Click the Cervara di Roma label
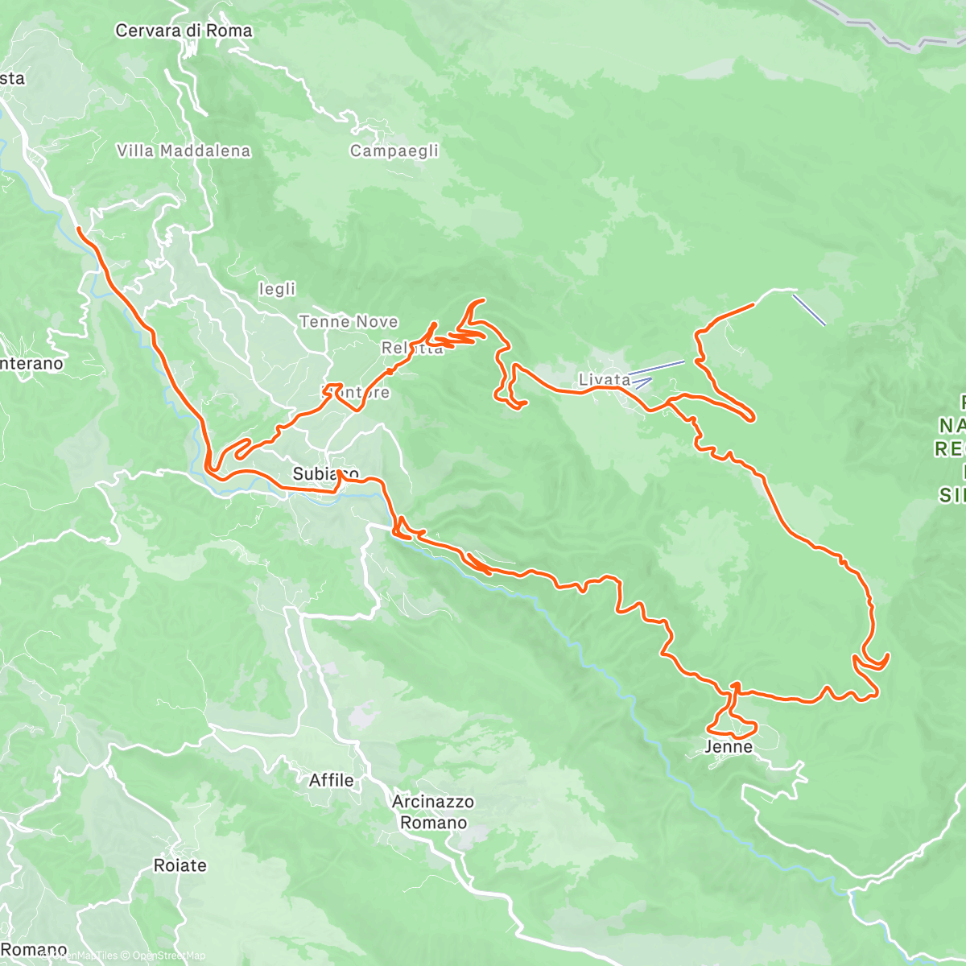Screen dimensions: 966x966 click(x=184, y=31)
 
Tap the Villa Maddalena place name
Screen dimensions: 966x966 click(x=184, y=151)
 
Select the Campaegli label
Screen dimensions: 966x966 click(x=394, y=151)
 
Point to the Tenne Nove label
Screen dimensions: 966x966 click(x=349, y=322)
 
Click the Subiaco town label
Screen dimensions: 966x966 click(x=325, y=473)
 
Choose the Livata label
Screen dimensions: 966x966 click(x=605, y=379)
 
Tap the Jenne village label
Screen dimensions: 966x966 click(x=729, y=747)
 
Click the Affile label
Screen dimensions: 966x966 click(x=331, y=780)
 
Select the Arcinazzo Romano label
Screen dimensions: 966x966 click(x=433, y=812)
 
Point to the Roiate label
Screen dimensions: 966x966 click(x=180, y=865)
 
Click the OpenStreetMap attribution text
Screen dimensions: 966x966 click(x=169, y=956)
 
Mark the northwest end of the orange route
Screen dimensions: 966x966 click(x=79, y=229)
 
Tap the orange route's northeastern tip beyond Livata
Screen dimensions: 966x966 click(x=752, y=304)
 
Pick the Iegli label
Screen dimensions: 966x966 click(x=277, y=289)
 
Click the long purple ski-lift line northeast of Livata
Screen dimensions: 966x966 click(x=809, y=310)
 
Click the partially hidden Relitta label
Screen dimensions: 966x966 click(x=412, y=349)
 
